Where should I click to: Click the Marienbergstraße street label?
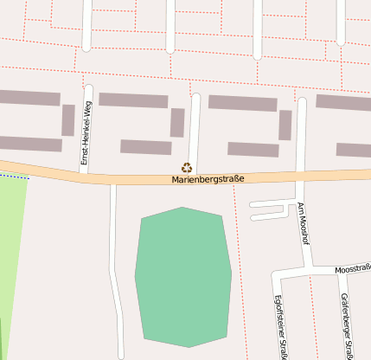point(208,179)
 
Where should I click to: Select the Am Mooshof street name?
point(304,222)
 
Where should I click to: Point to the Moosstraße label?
point(353,270)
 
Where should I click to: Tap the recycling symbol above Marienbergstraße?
point(186,168)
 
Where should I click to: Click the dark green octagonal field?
point(183,276)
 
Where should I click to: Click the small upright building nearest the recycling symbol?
point(177,123)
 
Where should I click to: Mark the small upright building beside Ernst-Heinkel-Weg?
point(67,120)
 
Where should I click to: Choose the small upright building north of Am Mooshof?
point(285,125)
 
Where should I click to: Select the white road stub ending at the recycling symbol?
point(195,130)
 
